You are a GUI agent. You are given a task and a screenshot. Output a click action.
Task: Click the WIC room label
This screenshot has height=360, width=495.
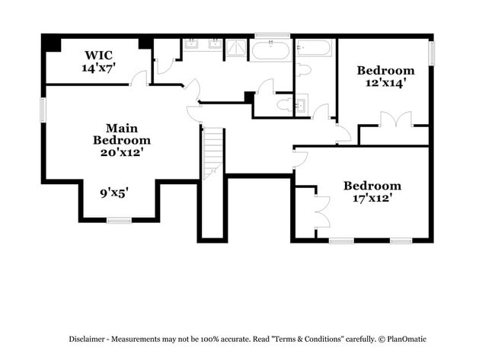(x=98, y=55)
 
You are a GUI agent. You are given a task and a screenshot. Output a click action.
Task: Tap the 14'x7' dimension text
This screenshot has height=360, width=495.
(x=98, y=67)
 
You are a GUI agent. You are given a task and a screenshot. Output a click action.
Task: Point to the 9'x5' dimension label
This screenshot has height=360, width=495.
(x=114, y=193)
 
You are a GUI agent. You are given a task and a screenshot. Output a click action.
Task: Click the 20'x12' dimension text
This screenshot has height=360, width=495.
(x=122, y=151)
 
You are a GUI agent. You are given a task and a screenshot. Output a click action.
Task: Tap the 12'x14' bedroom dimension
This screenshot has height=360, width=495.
(x=386, y=83)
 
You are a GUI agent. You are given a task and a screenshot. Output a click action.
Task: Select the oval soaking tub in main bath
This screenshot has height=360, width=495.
(x=270, y=50)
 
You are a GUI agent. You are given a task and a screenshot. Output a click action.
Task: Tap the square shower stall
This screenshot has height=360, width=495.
(x=235, y=49)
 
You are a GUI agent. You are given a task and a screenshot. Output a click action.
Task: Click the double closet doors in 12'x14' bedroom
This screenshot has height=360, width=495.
(x=393, y=119)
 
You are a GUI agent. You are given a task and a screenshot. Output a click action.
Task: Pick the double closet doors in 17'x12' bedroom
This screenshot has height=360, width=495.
(x=321, y=212)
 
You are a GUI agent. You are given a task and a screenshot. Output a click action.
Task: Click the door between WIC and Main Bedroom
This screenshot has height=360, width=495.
(x=139, y=78)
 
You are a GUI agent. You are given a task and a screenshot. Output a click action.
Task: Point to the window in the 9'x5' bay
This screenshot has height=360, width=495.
(x=119, y=221)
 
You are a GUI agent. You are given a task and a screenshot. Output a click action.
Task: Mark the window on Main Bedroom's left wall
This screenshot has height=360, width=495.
(x=43, y=109)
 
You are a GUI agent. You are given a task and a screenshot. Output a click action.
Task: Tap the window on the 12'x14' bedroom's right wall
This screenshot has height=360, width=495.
(x=431, y=53)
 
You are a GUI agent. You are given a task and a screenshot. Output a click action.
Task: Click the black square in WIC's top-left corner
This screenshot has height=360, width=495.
(x=52, y=43)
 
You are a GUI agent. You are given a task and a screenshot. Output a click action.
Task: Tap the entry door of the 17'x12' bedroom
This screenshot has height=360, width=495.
(x=299, y=159)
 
